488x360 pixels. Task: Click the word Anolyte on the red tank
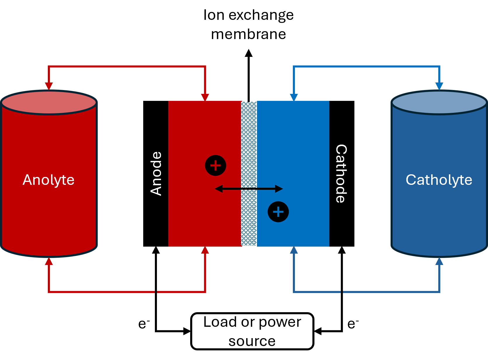(x=49, y=180)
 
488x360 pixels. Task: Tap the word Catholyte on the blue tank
(x=439, y=180)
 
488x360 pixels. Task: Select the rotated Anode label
(x=156, y=173)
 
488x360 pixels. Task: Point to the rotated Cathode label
(x=341, y=173)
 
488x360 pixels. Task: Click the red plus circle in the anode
(x=216, y=166)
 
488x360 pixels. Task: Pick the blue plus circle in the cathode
(x=278, y=212)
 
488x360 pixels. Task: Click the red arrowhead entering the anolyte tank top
(x=49, y=86)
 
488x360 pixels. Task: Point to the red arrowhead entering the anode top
(x=205, y=97)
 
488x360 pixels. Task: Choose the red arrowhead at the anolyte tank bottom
(x=49, y=261)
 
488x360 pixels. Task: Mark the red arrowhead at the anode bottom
(x=205, y=250)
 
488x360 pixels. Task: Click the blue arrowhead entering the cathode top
(x=294, y=97)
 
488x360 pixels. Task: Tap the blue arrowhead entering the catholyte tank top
(x=439, y=86)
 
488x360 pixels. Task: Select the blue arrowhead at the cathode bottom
(x=294, y=250)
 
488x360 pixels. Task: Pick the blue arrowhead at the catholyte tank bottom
(x=439, y=261)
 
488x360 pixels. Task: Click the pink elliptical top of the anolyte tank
(x=49, y=102)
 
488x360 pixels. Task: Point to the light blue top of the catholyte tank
(x=439, y=102)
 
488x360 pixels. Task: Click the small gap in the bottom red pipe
(x=156, y=291)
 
